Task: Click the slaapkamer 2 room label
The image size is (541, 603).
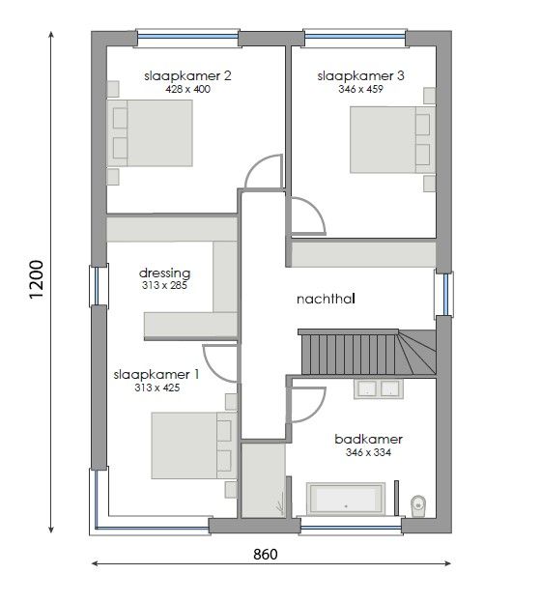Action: point(187,75)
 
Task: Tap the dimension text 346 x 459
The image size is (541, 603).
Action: point(360,89)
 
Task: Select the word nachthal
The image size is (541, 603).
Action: point(326,299)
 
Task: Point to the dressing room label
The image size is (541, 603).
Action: point(164,273)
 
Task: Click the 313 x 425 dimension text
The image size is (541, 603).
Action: point(157,388)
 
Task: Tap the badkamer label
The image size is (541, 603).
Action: point(368,439)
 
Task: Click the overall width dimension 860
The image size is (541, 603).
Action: point(266,554)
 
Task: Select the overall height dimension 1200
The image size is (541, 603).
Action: point(37,279)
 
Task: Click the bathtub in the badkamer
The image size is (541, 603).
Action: point(346,498)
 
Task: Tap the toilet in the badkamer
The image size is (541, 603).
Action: point(417,505)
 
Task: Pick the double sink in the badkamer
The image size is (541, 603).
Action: point(379,388)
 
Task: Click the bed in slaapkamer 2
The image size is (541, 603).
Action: point(150,133)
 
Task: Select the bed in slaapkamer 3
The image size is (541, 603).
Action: point(392,139)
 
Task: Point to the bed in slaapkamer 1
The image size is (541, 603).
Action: point(194,445)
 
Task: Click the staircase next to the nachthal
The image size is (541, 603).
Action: point(367,352)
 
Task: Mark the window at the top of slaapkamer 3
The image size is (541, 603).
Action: point(355,37)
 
